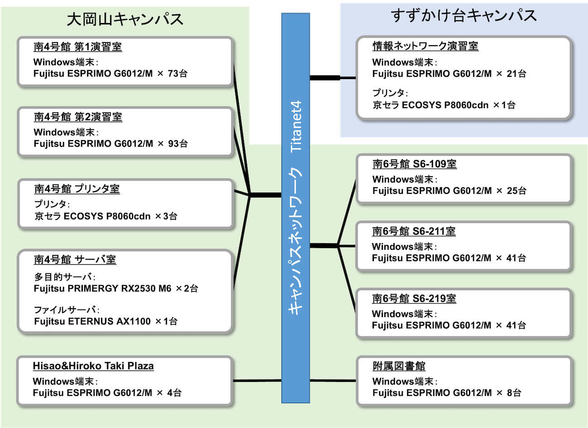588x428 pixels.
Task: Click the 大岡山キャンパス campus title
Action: point(125,19)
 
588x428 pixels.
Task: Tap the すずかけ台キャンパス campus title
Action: point(464,16)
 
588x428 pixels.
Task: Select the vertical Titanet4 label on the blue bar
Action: point(296,126)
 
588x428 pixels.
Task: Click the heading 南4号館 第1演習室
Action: point(77,47)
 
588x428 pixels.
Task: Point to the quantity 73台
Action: point(177,74)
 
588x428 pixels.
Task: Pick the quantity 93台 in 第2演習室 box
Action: point(178,144)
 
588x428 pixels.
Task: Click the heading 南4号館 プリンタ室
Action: point(77,189)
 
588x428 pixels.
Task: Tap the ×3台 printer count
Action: point(166,216)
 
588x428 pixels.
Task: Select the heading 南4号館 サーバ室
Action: point(75,260)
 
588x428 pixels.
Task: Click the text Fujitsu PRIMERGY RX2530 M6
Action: point(103,288)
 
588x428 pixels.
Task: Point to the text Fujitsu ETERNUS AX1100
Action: point(92,321)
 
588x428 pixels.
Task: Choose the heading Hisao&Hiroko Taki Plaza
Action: point(93,366)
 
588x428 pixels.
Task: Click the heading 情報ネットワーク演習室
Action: point(425,46)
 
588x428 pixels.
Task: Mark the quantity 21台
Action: point(516,74)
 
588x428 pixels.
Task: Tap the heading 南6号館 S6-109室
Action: point(415,164)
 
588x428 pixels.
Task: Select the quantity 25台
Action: point(516,191)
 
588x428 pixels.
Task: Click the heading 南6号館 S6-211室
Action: point(414,231)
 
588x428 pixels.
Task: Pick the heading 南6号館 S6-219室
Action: point(414,299)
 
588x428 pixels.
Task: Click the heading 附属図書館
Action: point(399,366)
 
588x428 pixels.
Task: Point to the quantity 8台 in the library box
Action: point(514,393)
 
